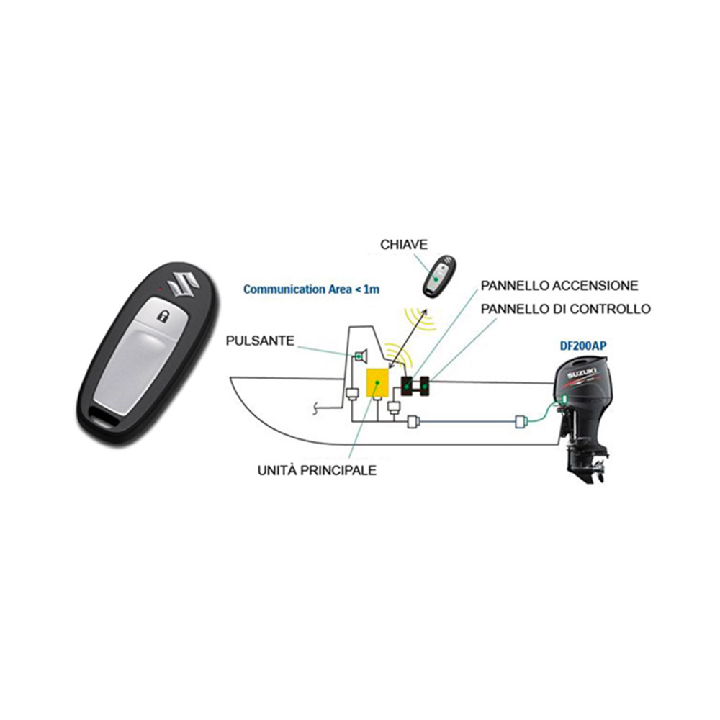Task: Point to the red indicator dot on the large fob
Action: [159, 289]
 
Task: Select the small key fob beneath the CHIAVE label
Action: [438, 277]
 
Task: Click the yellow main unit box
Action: [377, 382]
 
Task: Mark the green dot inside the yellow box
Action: [377, 382]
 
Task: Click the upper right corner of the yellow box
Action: [389, 368]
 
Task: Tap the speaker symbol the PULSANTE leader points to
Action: [361, 356]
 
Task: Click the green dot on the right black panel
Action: [425, 387]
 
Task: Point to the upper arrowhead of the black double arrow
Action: [426, 311]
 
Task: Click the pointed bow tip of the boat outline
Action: [230, 379]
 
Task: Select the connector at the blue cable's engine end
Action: [520, 421]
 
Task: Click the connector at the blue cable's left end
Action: [413, 421]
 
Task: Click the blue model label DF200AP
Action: [582, 346]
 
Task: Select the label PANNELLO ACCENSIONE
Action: [559, 286]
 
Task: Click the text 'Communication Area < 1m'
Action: [311, 289]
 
